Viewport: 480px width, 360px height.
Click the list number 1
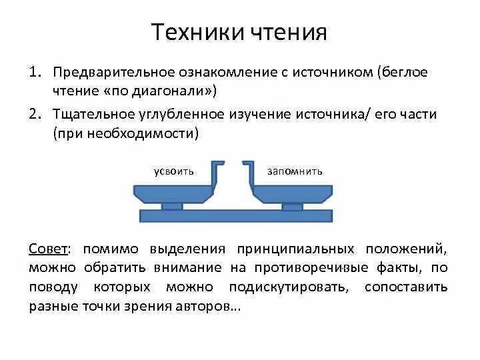coord(35,72)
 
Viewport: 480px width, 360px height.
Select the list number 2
coord(35,114)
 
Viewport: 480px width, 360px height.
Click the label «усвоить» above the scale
coord(173,171)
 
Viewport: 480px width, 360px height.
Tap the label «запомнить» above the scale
coord(295,171)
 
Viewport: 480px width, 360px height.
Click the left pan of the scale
coord(175,193)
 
